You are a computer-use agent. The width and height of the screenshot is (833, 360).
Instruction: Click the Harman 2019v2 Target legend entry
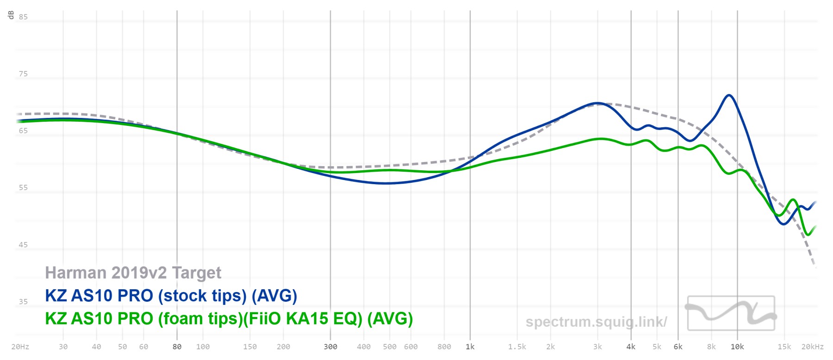pyautogui.click(x=133, y=273)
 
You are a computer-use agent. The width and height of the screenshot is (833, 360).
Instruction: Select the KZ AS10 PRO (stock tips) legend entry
pyautogui.click(x=171, y=296)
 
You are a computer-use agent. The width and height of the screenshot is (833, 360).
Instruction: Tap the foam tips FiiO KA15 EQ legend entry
pyautogui.click(x=229, y=319)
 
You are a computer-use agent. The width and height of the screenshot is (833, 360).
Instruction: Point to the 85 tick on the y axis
pyautogui.click(x=23, y=17)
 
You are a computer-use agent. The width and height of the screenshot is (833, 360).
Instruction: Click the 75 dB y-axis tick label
pyautogui.click(x=23, y=74)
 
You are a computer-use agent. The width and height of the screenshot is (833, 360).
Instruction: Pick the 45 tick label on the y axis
pyautogui.click(x=23, y=245)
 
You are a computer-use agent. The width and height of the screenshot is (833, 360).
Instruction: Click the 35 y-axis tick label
pyautogui.click(x=23, y=302)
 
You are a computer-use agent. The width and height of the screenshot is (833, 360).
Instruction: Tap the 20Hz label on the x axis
pyautogui.click(x=20, y=347)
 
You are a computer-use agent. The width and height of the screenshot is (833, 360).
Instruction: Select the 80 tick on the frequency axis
pyautogui.click(x=177, y=347)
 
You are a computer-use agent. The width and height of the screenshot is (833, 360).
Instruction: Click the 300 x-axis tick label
pyautogui.click(x=330, y=347)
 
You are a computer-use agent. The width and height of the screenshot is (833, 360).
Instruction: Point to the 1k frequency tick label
pyautogui.click(x=470, y=347)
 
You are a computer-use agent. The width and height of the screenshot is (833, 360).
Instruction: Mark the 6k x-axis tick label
pyautogui.click(x=678, y=347)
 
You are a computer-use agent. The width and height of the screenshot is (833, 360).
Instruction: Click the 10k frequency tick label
pyautogui.click(x=737, y=347)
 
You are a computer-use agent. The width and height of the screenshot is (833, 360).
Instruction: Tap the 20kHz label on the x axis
pyautogui.click(x=813, y=347)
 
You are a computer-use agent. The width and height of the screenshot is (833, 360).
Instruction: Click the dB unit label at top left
pyautogui.click(x=11, y=15)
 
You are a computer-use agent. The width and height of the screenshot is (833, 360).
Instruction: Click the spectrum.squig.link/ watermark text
pyautogui.click(x=596, y=322)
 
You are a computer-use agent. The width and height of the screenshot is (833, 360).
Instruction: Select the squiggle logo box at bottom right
pyautogui.click(x=731, y=313)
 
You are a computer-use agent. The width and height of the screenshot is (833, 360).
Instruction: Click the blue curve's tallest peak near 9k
pyautogui.click(x=729, y=95)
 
